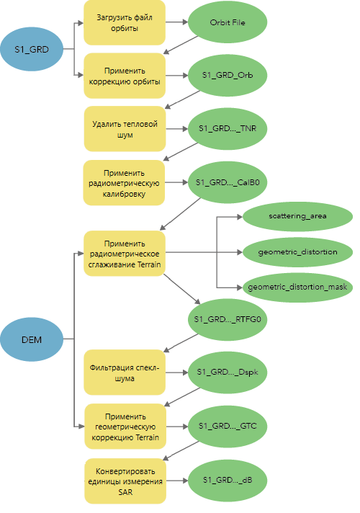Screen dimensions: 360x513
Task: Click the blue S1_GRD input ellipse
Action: pyautogui.click(x=32, y=49)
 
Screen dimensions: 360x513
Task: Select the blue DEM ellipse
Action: pyautogui.click(x=32, y=339)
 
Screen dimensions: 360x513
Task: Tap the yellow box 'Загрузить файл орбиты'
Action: pyautogui.click(x=125, y=22)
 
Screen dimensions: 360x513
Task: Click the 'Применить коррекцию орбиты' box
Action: pyautogui.click(x=125, y=76)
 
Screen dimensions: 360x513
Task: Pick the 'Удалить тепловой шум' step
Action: pyautogui.click(x=125, y=129)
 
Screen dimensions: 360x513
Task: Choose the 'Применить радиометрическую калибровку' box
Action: pyautogui.click(x=124, y=183)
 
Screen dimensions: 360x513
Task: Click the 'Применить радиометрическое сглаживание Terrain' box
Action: pyautogui.click(x=125, y=254)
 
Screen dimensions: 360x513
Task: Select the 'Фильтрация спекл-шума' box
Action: pyautogui.click(x=125, y=373)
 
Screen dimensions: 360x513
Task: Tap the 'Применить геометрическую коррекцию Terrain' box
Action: pyautogui.click(x=125, y=427)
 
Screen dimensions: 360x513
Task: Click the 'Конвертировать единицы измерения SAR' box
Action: pyautogui.click(x=125, y=481)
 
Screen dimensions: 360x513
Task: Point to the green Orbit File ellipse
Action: pyautogui.click(x=228, y=22)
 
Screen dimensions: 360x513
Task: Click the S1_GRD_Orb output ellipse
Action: pyautogui.click(x=228, y=75)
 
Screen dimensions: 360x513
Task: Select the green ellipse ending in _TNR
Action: pyautogui.click(x=228, y=128)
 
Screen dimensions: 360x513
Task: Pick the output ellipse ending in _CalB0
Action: pyautogui.click(x=228, y=182)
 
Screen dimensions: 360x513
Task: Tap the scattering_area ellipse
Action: pyautogui.click(x=297, y=216)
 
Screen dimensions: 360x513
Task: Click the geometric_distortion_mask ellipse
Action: pyautogui.click(x=297, y=287)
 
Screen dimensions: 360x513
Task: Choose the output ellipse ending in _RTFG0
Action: pyautogui.click(x=228, y=319)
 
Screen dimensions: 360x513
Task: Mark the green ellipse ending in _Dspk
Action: pyautogui.click(x=228, y=373)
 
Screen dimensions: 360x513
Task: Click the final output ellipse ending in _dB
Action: pyautogui.click(x=228, y=481)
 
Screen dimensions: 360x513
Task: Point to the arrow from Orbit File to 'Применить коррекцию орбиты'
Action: pyautogui.click(x=181, y=45)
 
